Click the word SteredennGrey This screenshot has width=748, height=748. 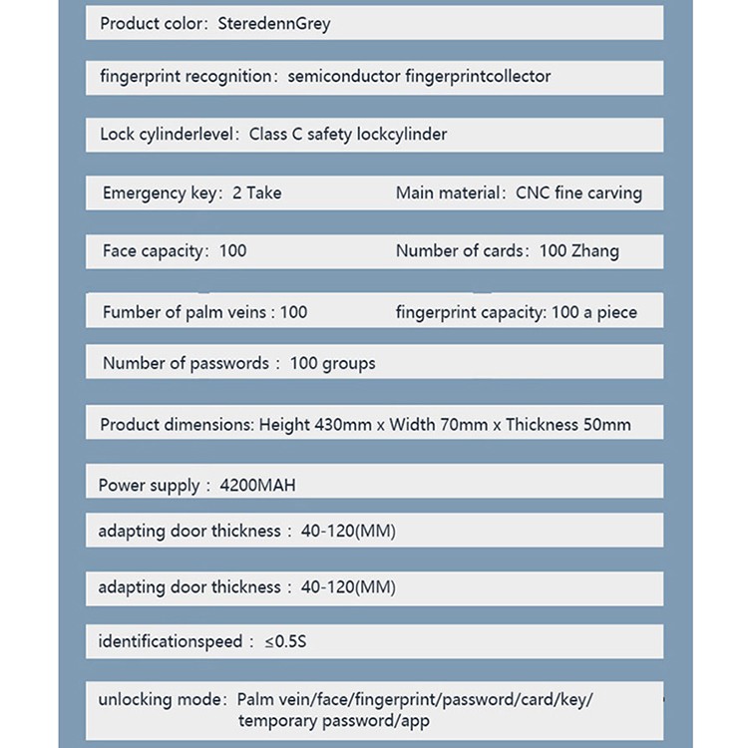coord(273,23)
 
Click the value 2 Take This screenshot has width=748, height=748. coord(256,192)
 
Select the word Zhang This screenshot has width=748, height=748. coord(595,251)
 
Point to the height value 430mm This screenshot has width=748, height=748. coord(343,424)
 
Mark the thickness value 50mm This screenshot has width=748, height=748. coord(602,424)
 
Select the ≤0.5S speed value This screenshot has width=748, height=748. coord(285,641)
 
